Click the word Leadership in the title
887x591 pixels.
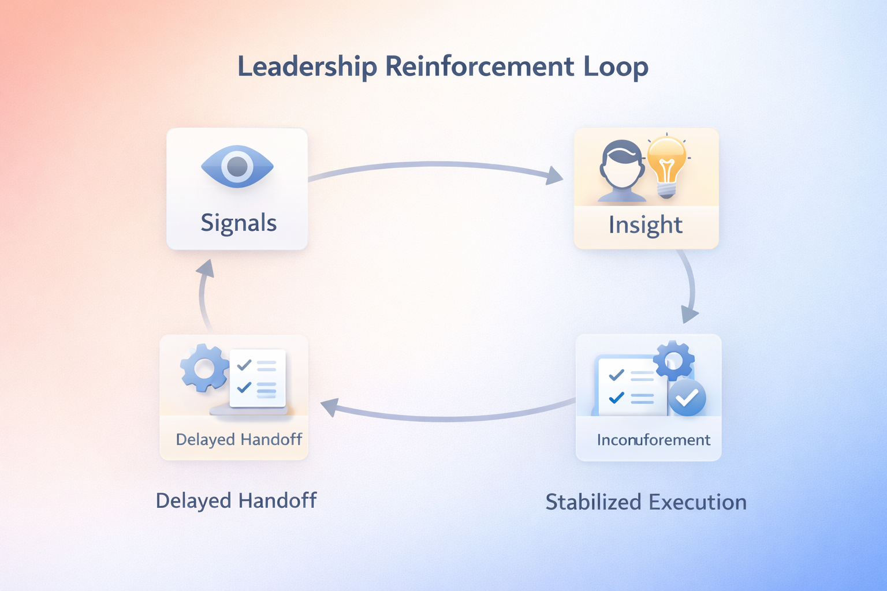(307, 66)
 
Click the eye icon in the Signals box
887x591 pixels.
(237, 167)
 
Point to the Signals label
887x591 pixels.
(238, 223)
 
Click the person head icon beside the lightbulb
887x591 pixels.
(621, 170)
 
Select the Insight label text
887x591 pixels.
(646, 225)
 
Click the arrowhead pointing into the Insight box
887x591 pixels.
(555, 176)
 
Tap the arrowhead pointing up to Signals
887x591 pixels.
(206, 268)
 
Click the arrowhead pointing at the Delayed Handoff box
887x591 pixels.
(329, 407)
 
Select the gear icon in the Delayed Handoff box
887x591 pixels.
(204, 368)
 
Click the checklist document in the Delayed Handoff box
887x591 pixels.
(258, 378)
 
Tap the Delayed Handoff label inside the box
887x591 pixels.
(238, 440)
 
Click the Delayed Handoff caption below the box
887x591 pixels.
(236, 500)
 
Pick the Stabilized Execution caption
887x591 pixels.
(646, 502)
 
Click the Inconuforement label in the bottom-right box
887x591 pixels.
(653, 440)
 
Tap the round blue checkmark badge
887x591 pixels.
(687, 398)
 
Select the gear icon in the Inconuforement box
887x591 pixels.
(673, 360)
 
